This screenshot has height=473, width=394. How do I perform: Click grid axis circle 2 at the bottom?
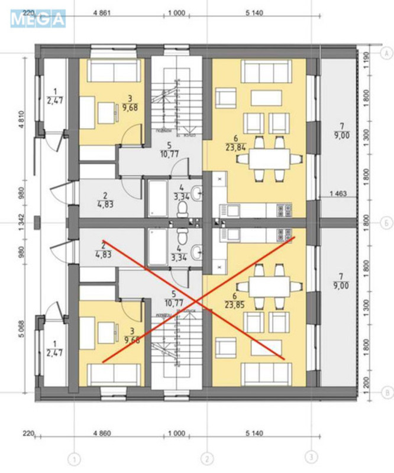pyautogui.click(x=206, y=458)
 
